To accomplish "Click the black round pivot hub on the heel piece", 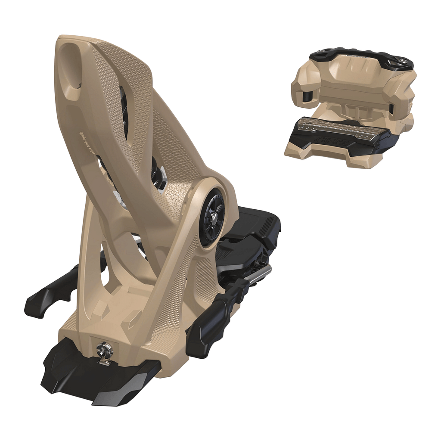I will pyautogui.click(x=212, y=219).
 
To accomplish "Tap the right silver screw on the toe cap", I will pyautogui.click(x=405, y=60).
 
